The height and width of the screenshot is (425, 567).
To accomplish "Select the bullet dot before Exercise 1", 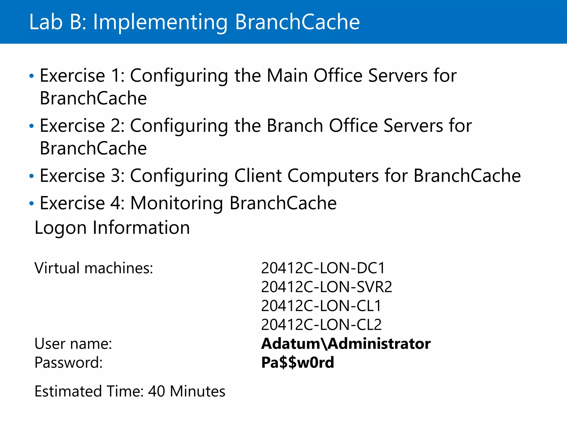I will (32, 76).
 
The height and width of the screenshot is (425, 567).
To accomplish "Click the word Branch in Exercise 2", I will (295, 126).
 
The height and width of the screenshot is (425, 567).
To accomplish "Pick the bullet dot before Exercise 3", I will (32, 176).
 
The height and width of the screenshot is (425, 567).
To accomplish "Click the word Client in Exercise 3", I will (257, 176).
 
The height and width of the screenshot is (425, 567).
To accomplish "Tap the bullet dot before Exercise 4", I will (32, 204).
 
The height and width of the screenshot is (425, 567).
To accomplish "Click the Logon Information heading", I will (112, 228).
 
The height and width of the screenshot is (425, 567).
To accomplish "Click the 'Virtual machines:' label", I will (94, 268).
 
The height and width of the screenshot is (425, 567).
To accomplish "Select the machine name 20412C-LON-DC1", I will (323, 268).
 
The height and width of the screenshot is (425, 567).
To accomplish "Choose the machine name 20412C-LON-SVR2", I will (326, 287).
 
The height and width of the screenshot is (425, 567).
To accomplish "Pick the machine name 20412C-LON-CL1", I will (321, 306).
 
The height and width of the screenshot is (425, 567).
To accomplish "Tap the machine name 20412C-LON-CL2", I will (321, 325).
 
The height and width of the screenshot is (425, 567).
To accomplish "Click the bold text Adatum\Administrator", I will (346, 344).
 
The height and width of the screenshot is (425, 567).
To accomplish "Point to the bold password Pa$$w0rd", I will (297, 362).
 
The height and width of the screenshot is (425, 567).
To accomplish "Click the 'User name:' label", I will (73, 344).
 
